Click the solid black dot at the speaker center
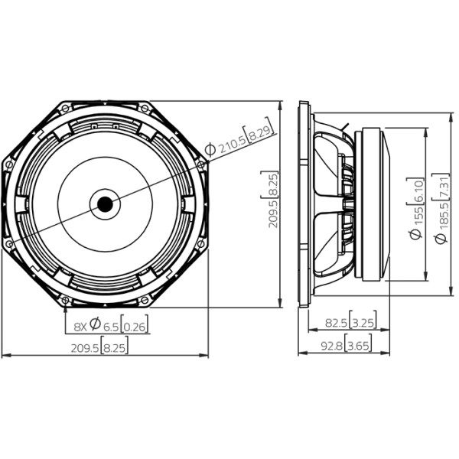105,204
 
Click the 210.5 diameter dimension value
233,144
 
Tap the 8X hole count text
80,327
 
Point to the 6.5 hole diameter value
111,327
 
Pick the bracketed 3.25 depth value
363,321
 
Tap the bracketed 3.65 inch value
358,345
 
